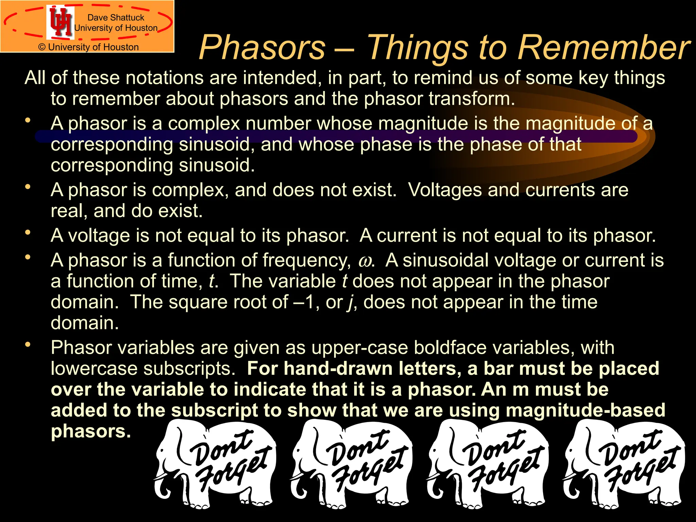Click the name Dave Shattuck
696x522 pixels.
click(116, 17)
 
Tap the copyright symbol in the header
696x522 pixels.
click(42, 47)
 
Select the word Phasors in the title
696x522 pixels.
click(262, 48)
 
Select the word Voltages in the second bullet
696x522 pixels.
click(445, 190)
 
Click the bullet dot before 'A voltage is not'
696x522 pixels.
click(28, 233)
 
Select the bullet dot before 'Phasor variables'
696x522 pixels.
click(28, 345)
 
